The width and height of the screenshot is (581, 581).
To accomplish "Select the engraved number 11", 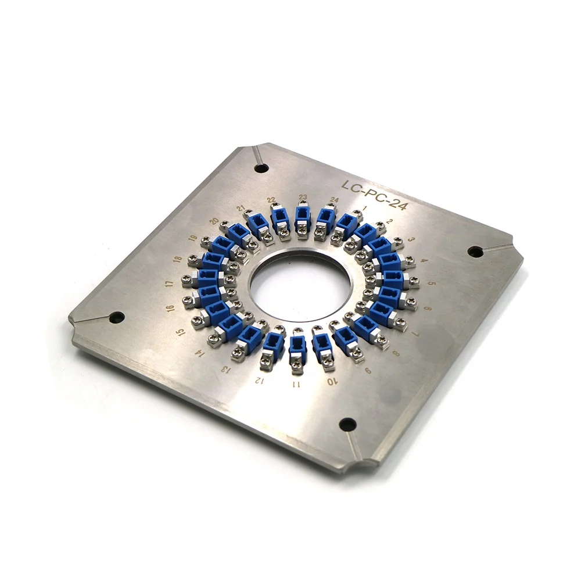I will point(296,385).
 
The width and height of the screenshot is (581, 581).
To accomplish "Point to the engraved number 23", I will point(303,198).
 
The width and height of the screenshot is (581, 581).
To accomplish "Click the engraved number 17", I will point(169,284).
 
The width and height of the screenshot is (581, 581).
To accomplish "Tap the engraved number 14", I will point(201,353).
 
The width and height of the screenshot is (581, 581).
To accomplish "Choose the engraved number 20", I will point(214,221).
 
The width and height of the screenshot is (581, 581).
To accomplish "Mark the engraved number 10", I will point(331,382).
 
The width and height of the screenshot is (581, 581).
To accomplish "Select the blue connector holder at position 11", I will point(297,347).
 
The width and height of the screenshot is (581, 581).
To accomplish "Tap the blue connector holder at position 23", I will point(302,218).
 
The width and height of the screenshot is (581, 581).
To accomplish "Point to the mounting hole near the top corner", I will point(261,168).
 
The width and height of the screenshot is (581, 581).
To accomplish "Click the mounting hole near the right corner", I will point(475,252).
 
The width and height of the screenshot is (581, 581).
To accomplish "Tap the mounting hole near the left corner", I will point(117,317).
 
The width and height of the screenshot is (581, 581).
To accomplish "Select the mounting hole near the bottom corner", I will point(347,424).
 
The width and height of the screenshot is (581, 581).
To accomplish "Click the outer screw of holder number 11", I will point(296,365).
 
